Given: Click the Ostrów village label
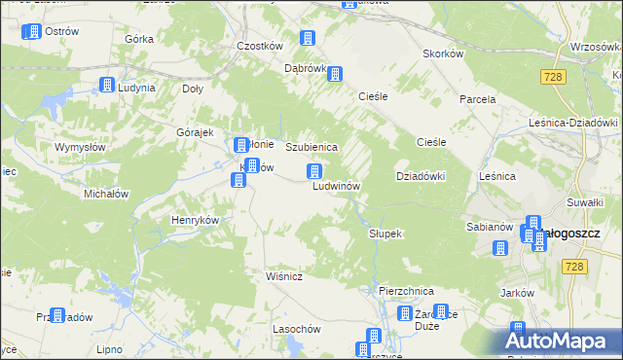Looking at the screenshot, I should click(x=61, y=32).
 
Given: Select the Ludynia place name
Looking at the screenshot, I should click(x=136, y=88).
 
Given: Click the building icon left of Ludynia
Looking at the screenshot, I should click(x=106, y=86).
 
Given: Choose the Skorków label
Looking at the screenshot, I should click(x=442, y=54).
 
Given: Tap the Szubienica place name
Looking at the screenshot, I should click(x=311, y=147).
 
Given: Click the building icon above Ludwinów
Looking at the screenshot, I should click(x=315, y=172).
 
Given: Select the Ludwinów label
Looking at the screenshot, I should click(x=337, y=186).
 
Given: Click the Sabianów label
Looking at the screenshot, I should click(x=490, y=227).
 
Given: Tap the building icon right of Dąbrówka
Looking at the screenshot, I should click(x=336, y=74).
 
